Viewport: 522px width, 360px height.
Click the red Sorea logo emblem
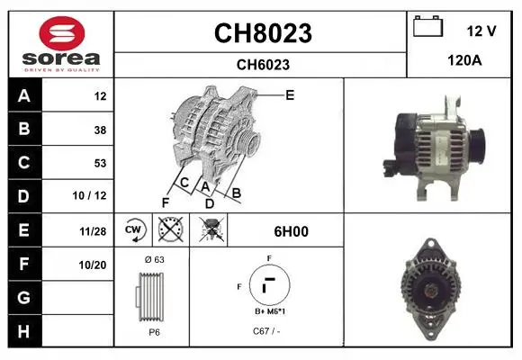point(62,33)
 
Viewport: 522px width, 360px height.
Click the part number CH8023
point(263,33)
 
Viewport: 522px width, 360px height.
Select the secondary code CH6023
point(263,65)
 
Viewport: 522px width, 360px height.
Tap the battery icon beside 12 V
point(428,26)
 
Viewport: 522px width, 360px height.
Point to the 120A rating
point(464,60)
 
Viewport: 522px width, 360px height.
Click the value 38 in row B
point(100,130)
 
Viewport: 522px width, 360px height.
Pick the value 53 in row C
point(100,163)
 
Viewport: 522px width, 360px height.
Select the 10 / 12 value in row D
point(90,195)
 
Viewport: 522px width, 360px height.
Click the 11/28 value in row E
point(93,231)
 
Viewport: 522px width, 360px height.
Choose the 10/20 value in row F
point(93,265)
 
